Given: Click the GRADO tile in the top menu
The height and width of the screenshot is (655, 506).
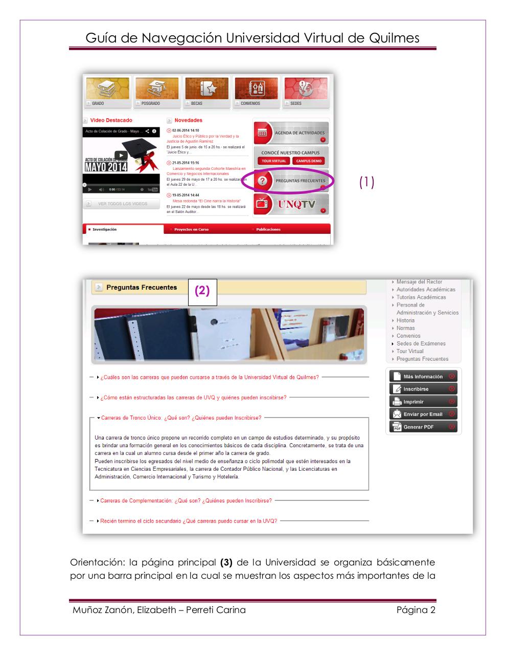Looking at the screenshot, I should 107,92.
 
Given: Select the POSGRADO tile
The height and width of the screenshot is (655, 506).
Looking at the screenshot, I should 157,92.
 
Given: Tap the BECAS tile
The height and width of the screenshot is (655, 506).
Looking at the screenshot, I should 206,92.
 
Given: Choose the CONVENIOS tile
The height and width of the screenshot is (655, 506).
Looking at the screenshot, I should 256,92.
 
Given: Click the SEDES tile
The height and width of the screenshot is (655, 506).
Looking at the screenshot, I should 306,92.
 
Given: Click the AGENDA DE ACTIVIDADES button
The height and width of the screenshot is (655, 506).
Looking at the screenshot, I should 291,133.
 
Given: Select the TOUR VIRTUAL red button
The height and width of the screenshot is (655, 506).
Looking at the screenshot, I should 274,161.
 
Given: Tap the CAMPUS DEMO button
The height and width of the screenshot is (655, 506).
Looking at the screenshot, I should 309,161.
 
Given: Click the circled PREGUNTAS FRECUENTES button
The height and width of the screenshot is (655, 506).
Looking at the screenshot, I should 291,181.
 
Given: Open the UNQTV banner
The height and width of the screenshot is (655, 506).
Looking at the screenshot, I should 291,205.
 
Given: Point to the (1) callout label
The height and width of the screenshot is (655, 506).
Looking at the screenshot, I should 366,182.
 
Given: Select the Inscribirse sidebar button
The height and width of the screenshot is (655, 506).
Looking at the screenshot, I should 423,389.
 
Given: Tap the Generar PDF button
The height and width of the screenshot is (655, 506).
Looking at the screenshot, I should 423,427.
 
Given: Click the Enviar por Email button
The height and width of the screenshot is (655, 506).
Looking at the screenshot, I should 423,414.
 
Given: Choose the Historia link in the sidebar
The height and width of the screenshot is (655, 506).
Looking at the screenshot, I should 405,320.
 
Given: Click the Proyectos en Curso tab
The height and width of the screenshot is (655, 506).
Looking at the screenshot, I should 191,230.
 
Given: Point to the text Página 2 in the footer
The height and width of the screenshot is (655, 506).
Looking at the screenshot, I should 416,610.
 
